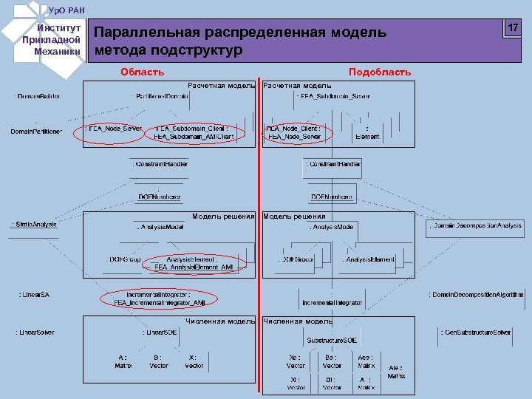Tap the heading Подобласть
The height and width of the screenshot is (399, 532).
click(x=380, y=72)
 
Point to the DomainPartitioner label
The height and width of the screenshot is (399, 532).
click(x=36, y=132)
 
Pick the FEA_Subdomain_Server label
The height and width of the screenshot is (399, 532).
click(x=332, y=97)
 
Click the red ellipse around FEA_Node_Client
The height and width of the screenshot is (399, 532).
click(x=294, y=132)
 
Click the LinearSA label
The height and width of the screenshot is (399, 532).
click(x=33, y=295)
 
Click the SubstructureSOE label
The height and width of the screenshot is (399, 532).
click(x=332, y=341)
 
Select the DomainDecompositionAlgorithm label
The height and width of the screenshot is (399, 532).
click(x=476, y=295)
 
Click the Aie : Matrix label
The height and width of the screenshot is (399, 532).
click(x=396, y=372)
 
